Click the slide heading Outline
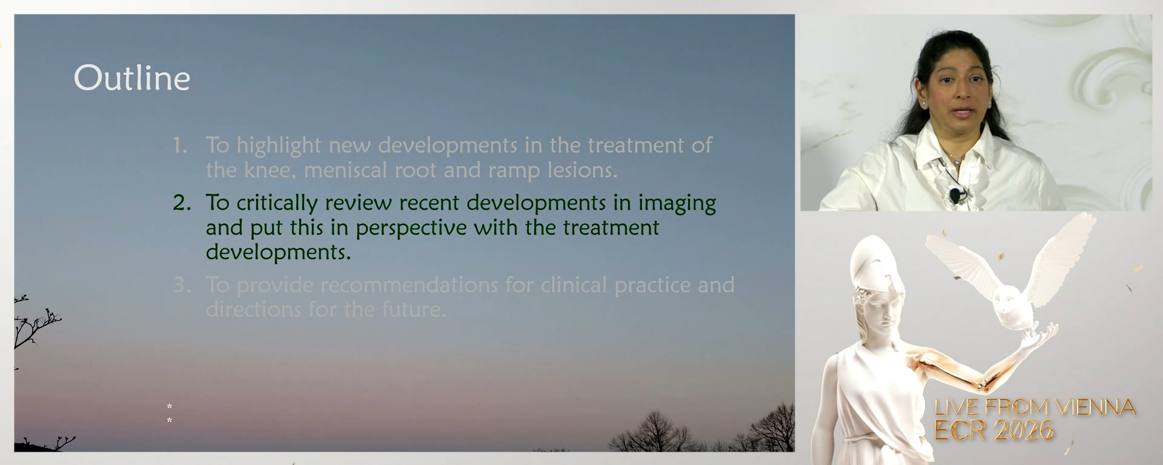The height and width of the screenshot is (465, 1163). (x=132, y=79)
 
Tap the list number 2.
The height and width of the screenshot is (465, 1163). (x=181, y=203)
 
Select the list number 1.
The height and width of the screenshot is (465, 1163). (x=180, y=145)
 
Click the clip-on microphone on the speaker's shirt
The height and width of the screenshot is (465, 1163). (x=955, y=195)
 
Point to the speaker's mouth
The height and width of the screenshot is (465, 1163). (x=963, y=111)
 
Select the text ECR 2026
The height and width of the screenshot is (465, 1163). (x=994, y=430)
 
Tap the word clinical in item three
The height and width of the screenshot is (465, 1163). (x=574, y=285)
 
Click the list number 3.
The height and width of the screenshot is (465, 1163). (x=181, y=285)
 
